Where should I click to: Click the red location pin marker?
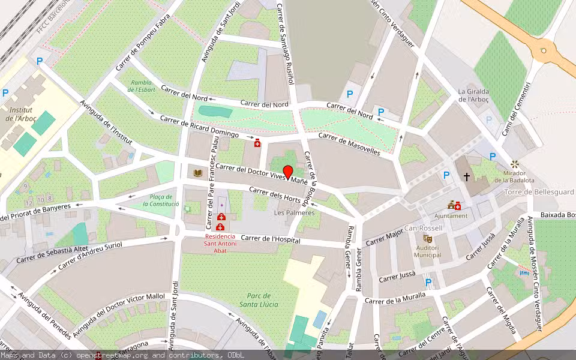pyautogui.click(x=288, y=172)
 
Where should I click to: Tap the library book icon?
pyautogui.click(x=198, y=173)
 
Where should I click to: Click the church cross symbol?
pyautogui.click(x=466, y=177)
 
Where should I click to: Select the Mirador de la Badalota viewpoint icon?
pyautogui.click(x=514, y=164)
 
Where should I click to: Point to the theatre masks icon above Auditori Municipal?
pyautogui.click(x=427, y=238)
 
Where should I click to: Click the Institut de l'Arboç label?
pyautogui.click(x=23, y=114)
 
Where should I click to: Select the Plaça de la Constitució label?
pyautogui.click(x=161, y=200)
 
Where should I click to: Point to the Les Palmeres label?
pyautogui.click(x=294, y=213)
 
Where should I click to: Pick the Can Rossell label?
pyautogui.click(x=423, y=229)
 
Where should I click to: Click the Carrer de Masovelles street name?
pyautogui.click(x=349, y=145)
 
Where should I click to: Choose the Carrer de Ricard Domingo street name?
pyautogui.click(x=199, y=126)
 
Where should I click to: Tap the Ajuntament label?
pyautogui.click(x=451, y=216)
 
